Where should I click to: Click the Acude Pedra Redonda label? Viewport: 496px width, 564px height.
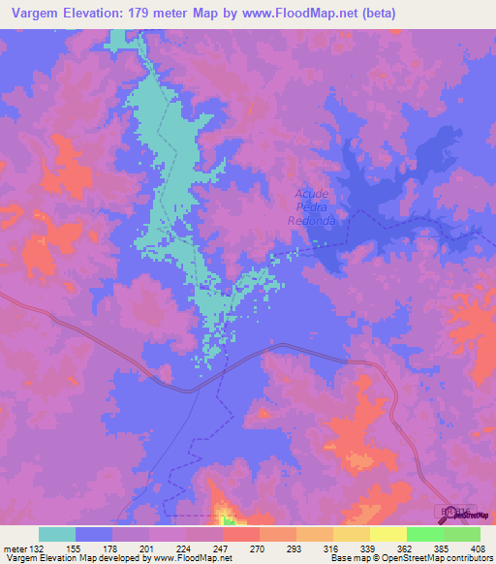click(x=311, y=207)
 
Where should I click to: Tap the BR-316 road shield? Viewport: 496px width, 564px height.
click(x=449, y=509)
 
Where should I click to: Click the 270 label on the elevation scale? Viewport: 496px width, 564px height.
click(x=256, y=548)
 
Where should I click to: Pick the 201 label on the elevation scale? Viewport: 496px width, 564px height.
click(x=145, y=548)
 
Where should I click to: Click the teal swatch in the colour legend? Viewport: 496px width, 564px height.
click(x=56, y=534)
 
